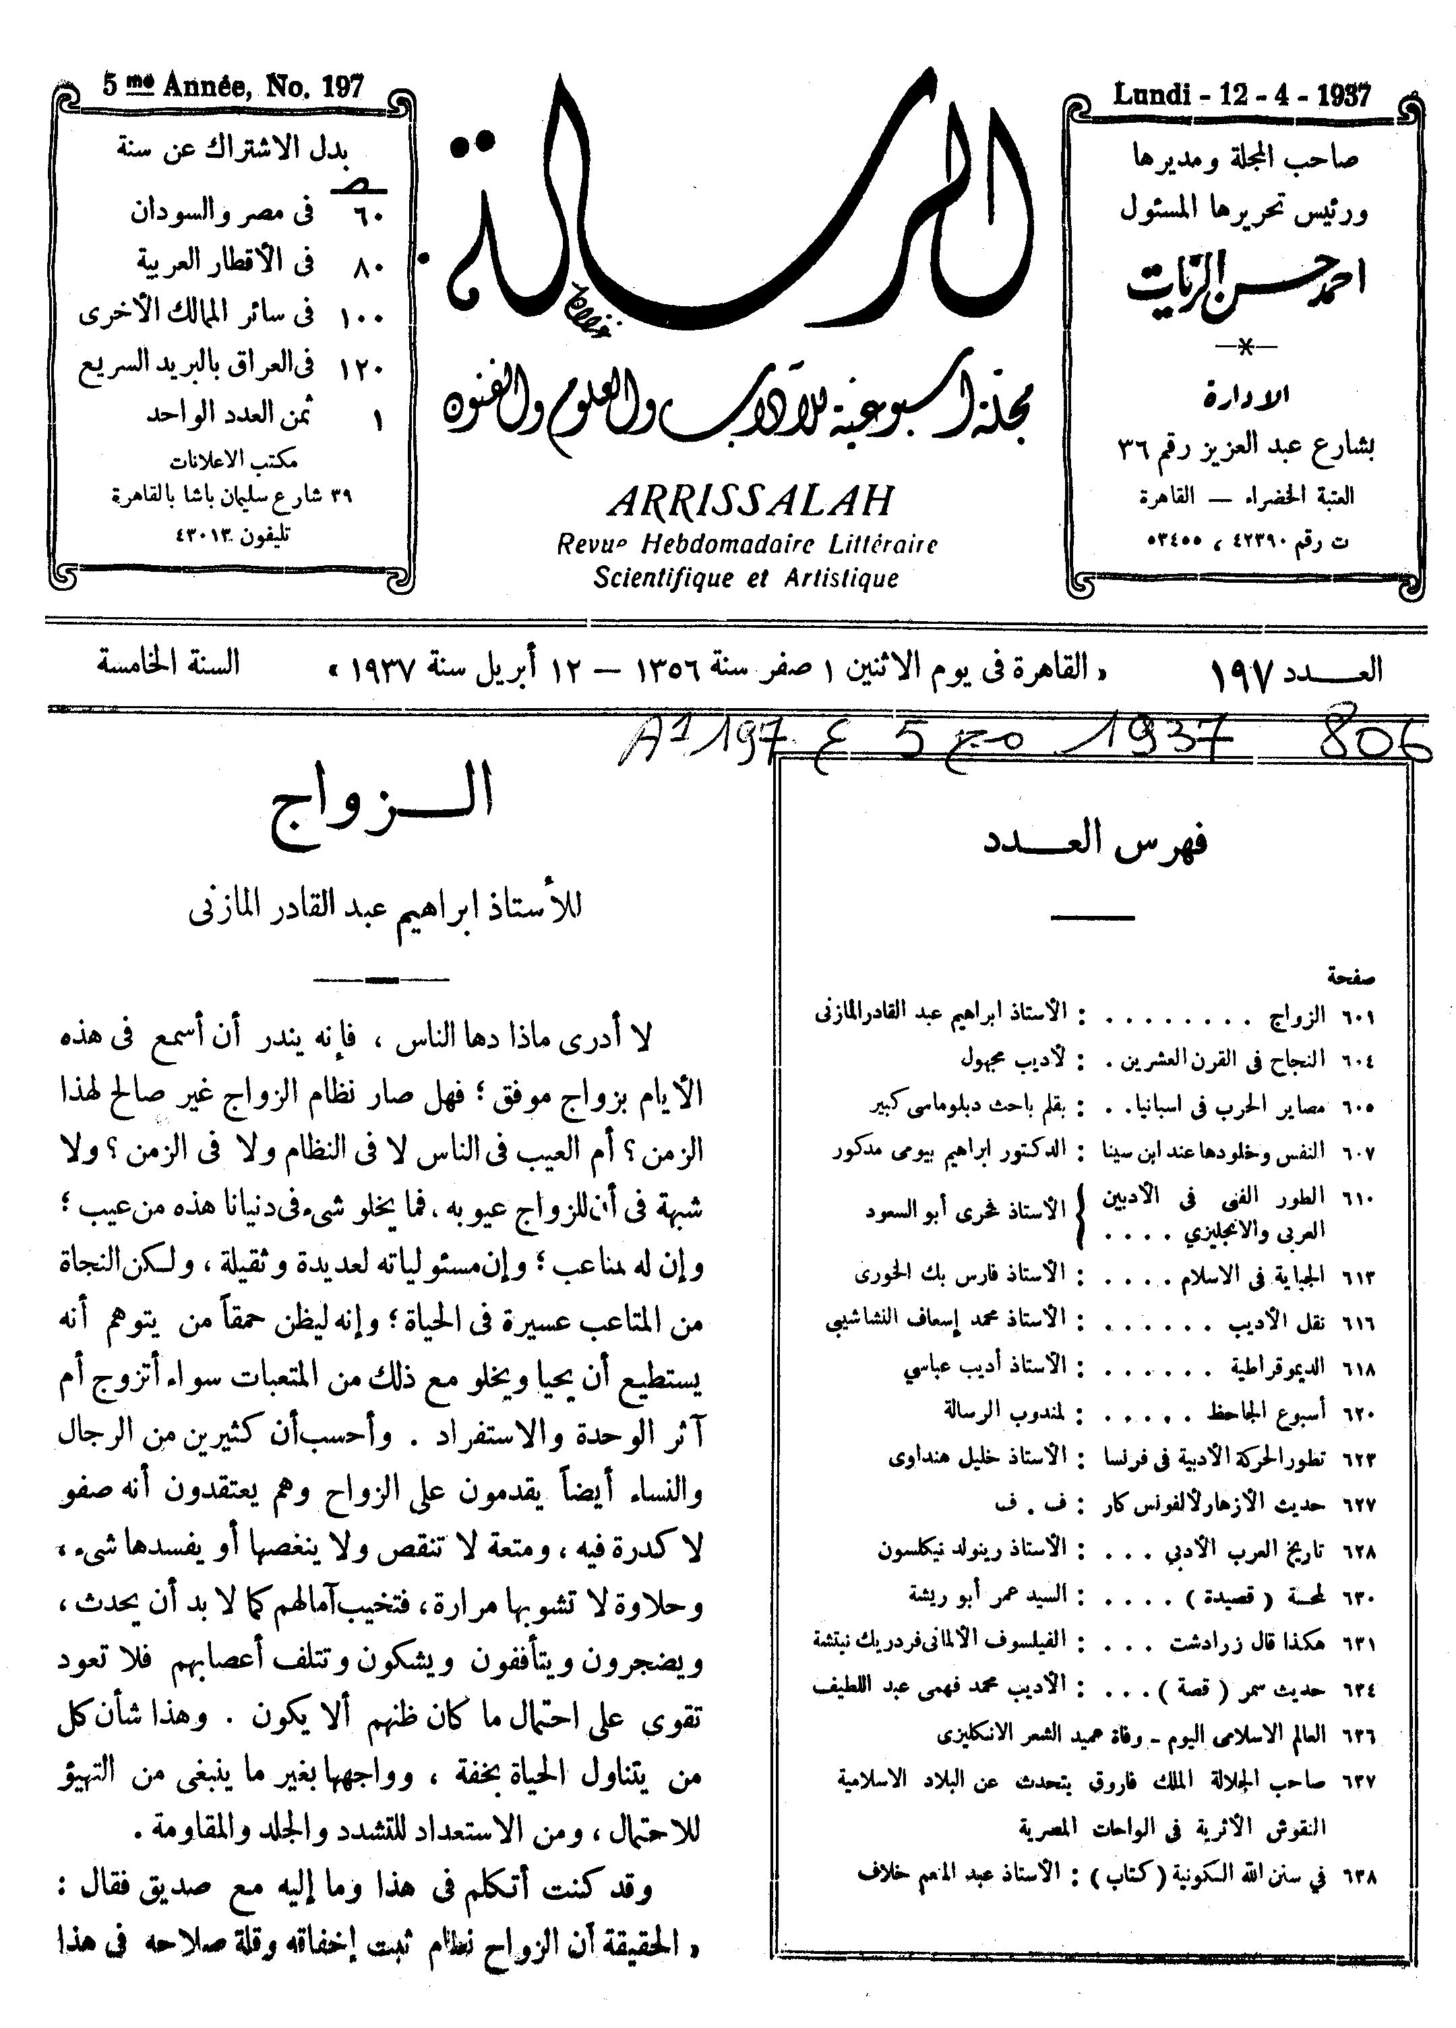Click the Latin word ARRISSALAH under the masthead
pos(749,502)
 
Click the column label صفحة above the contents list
pos(1352,977)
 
